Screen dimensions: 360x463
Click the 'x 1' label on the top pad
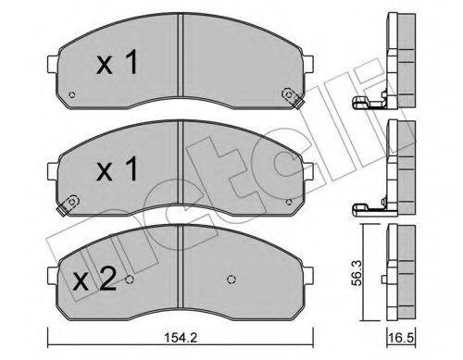tap(118, 64)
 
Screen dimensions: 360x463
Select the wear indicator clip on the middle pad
tap(66, 209)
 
